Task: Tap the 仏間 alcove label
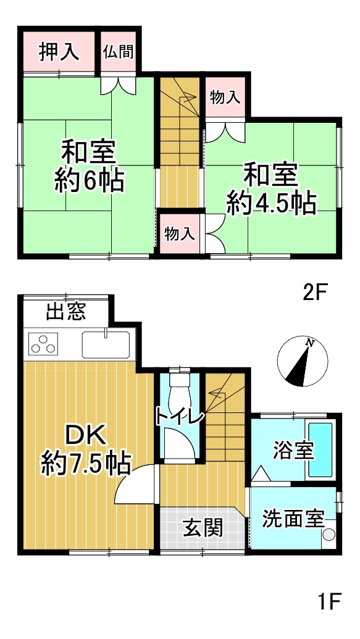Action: coord(119,52)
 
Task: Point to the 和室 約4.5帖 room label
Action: coord(272,189)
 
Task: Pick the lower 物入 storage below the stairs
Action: coord(179,235)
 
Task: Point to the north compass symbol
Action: coord(303,361)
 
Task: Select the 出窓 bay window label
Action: coord(66,312)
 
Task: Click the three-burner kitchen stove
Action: coord(43,343)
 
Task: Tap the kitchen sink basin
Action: coord(106,345)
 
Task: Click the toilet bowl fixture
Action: coord(180,389)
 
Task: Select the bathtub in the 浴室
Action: coord(320,449)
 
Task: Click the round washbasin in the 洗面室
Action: coord(329,533)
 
